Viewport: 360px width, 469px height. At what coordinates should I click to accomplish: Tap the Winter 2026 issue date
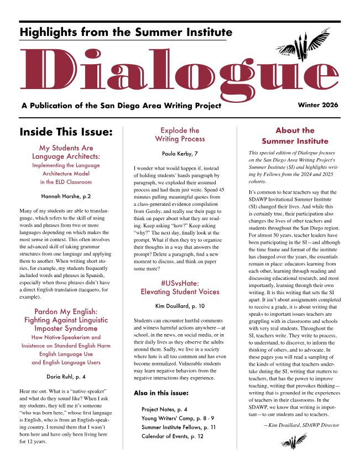pos(318,105)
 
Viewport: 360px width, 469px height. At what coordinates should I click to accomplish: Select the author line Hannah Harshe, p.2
pos(66,196)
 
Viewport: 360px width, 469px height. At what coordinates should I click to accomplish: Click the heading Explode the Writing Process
pos(180,135)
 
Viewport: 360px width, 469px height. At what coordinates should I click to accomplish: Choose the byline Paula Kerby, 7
pos(180,153)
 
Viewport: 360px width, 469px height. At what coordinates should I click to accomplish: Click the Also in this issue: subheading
pos(161,393)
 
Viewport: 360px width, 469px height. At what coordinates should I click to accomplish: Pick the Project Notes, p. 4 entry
pos(164,410)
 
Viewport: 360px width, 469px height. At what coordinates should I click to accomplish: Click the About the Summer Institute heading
pos(295,136)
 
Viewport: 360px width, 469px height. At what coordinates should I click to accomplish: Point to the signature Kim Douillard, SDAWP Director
pos(301,425)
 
